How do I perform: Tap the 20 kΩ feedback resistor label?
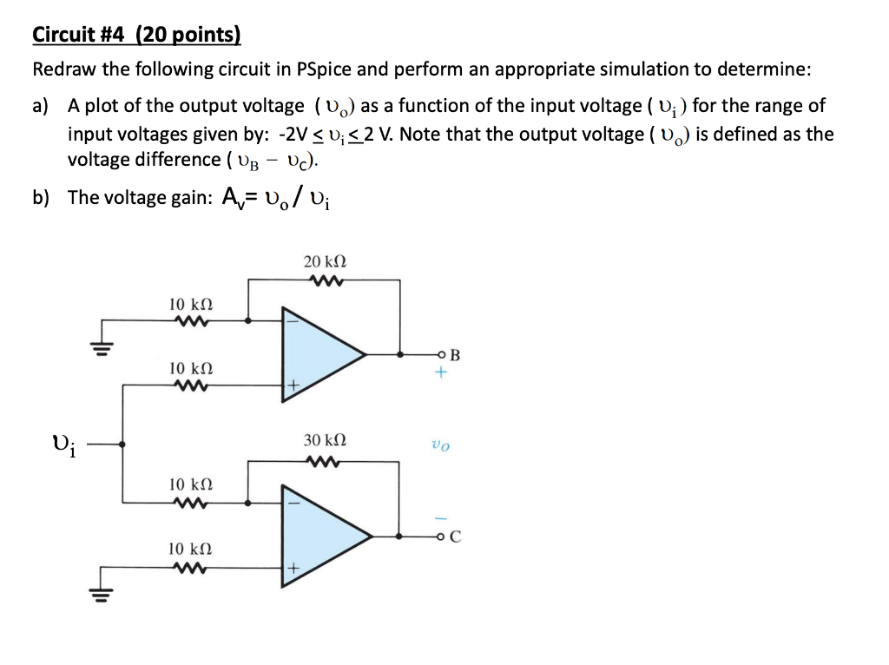pos(325,261)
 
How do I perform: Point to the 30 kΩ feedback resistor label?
pos(325,441)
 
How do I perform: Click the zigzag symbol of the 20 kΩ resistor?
pos(325,280)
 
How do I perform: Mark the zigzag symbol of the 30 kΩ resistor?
pos(325,460)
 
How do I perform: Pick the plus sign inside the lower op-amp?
pos(293,569)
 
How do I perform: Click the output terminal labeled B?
pos(443,354)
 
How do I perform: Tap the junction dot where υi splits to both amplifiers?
pos(122,444)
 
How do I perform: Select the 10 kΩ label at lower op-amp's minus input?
pos(190,484)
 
